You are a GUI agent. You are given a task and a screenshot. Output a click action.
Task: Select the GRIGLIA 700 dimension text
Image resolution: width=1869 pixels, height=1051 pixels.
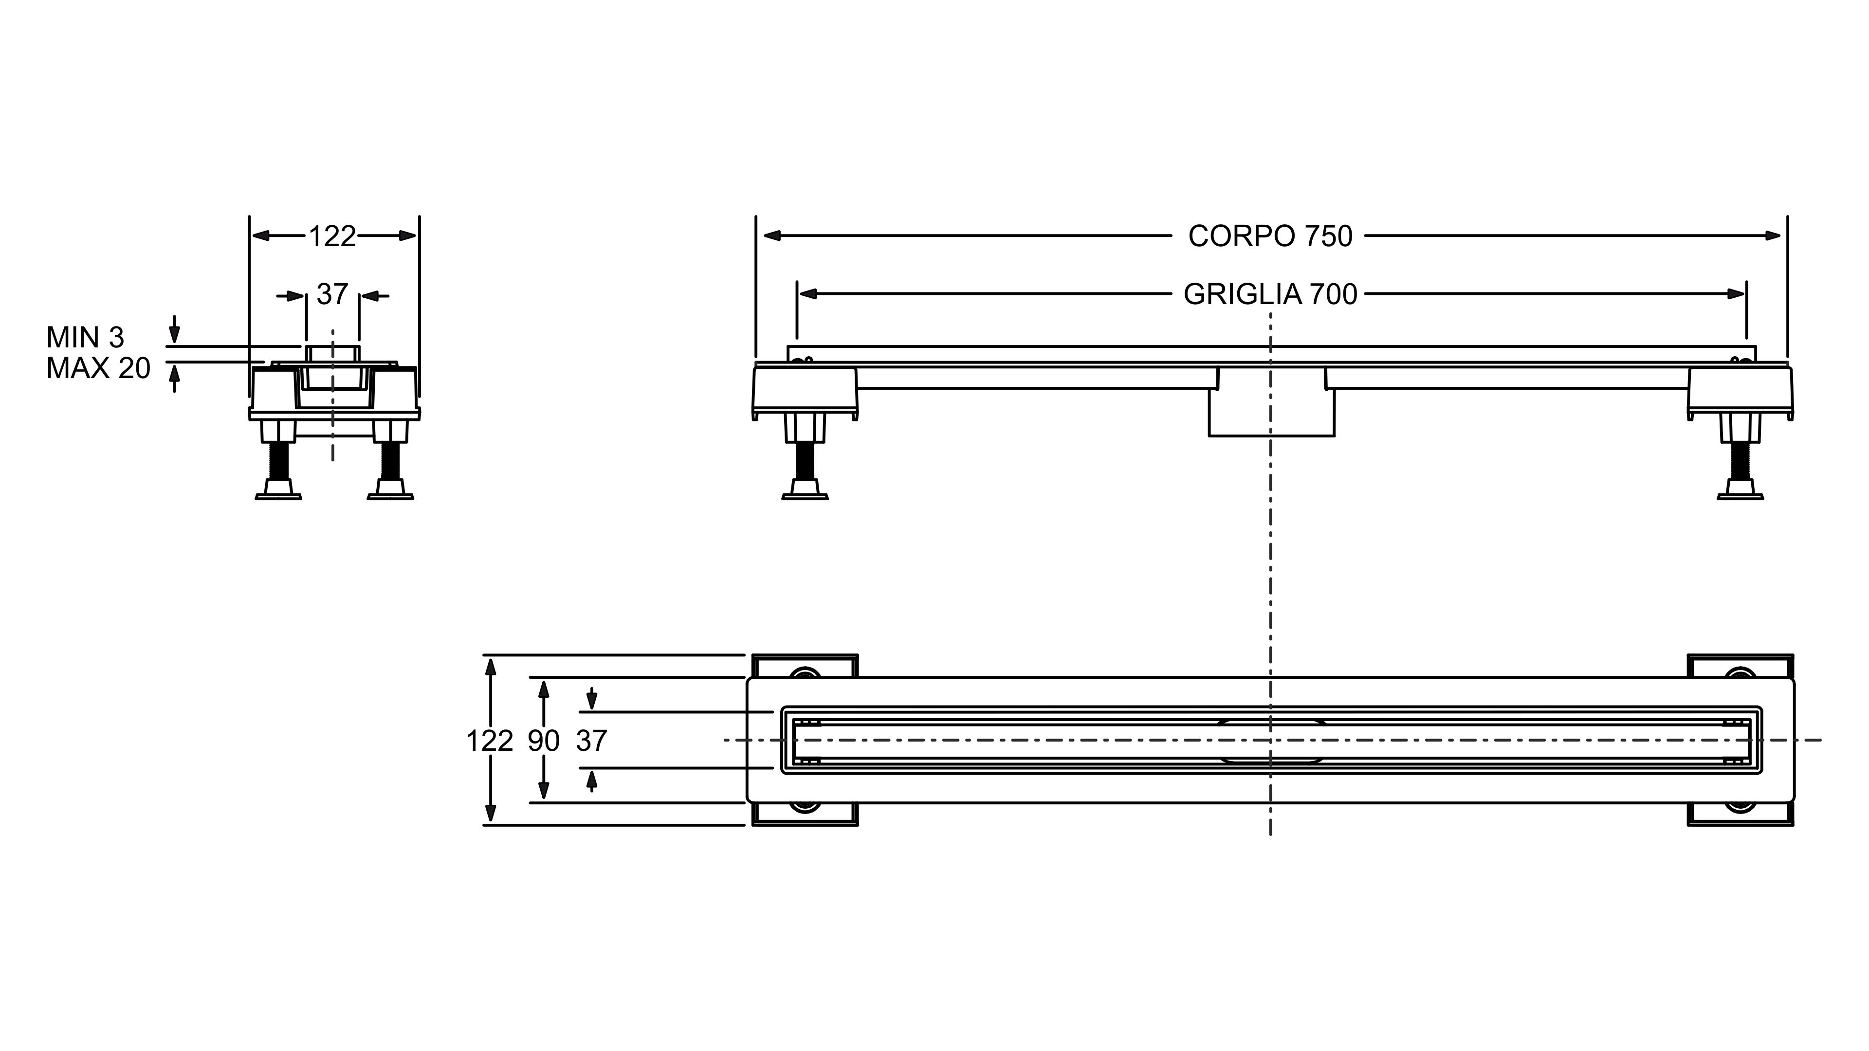1270,294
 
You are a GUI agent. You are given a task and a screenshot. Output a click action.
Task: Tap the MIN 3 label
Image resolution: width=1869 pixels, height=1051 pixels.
85,337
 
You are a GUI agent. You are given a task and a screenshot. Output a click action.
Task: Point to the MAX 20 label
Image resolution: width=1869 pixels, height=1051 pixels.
98,368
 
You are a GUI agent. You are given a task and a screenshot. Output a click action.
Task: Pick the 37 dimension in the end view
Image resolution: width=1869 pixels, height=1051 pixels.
332,294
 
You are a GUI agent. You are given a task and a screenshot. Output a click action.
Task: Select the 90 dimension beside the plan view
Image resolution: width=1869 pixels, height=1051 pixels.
544,741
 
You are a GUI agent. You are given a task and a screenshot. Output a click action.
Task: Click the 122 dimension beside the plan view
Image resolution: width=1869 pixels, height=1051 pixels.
490,741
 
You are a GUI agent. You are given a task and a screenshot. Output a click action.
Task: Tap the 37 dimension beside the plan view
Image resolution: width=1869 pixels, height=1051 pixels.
591,741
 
